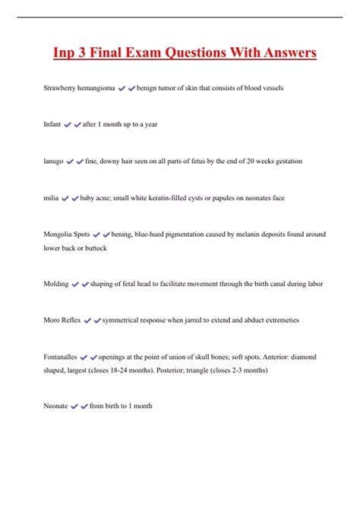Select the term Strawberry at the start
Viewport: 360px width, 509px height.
point(59,89)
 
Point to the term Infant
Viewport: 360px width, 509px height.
point(52,124)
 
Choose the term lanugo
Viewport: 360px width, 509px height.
point(53,161)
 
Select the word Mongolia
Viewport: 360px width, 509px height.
point(58,234)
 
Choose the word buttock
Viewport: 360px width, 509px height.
point(95,248)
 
